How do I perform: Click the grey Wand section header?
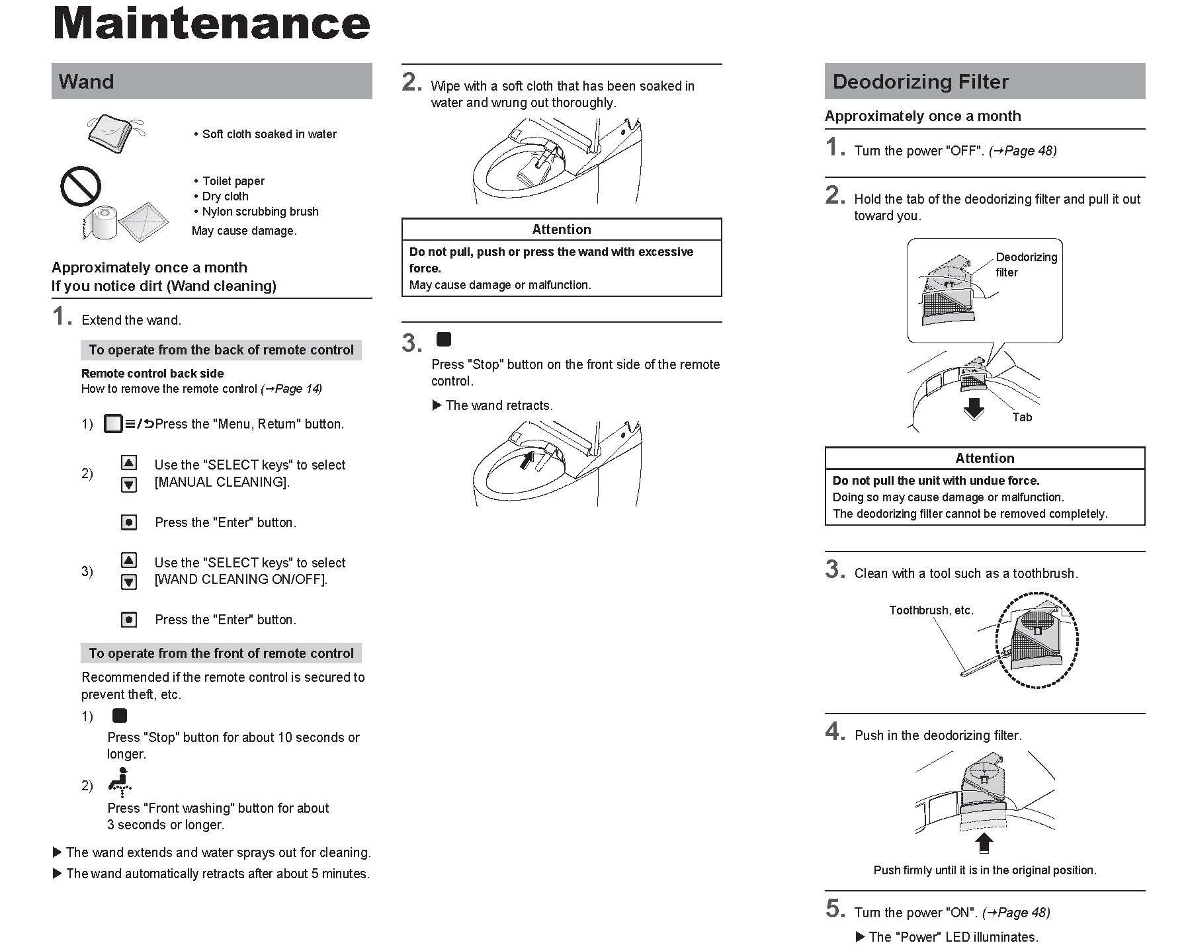click(x=212, y=81)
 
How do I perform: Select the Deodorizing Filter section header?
click(x=984, y=81)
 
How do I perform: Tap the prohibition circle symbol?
click(x=81, y=186)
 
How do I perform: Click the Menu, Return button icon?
click(x=114, y=424)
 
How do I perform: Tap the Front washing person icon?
click(x=120, y=782)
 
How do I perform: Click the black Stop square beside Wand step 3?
click(x=444, y=340)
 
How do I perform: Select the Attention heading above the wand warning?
click(x=561, y=229)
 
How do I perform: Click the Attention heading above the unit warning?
click(x=984, y=458)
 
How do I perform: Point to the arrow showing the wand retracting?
click(x=527, y=459)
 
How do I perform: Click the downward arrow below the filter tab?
click(x=974, y=409)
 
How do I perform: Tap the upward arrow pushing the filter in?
click(x=984, y=843)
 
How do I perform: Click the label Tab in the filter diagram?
click(x=1022, y=417)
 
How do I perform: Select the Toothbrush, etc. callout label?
click(x=931, y=610)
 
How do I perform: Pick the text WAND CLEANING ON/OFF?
click(x=241, y=580)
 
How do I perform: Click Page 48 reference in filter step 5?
click(x=1022, y=913)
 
